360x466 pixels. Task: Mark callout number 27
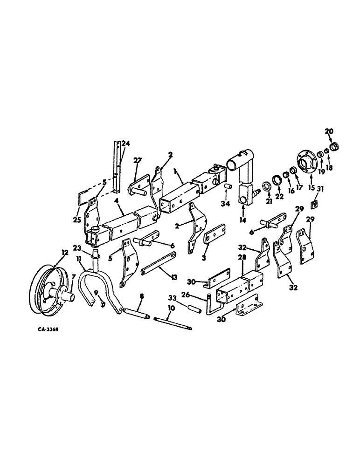click(137, 160)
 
